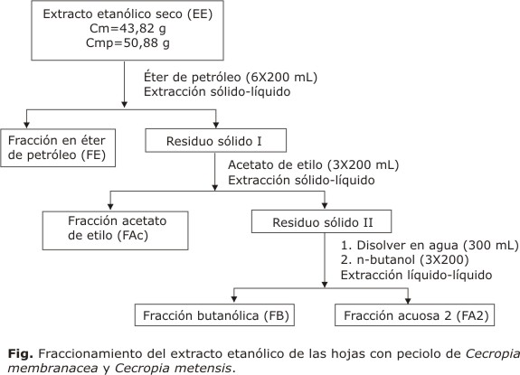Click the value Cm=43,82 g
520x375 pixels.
pyautogui.click(x=128, y=29)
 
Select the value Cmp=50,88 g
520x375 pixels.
pyautogui.click(x=128, y=43)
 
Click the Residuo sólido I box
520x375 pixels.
pyautogui.click(x=216, y=140)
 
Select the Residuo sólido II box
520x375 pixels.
pyautogui.click(x=321, y=221)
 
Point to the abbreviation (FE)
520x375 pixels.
pyautogui.click(x=93, y=155)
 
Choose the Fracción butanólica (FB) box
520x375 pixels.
pyautogui.click(x=214, y=315)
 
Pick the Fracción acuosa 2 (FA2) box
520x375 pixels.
pyautogui.click(x=414, y=315)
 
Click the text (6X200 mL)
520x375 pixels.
pyautogui.click(x=281, y=77)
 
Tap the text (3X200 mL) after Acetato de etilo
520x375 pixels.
pyautogui.click(x=363, y=165)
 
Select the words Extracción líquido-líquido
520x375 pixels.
pyautogui.click(x=416, y=275)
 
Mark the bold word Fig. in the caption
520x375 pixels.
pyautogui.click(x=20, y=354)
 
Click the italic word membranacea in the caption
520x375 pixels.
pyautogui.click(x=52, y=368)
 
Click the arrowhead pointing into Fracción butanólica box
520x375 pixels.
pyautogui.click(x=234, y=299)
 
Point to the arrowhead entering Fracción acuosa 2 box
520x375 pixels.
pyautogui.click(x=408, y=300)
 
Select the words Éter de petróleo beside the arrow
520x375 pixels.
pyautogui.click(x=193, y=77)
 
